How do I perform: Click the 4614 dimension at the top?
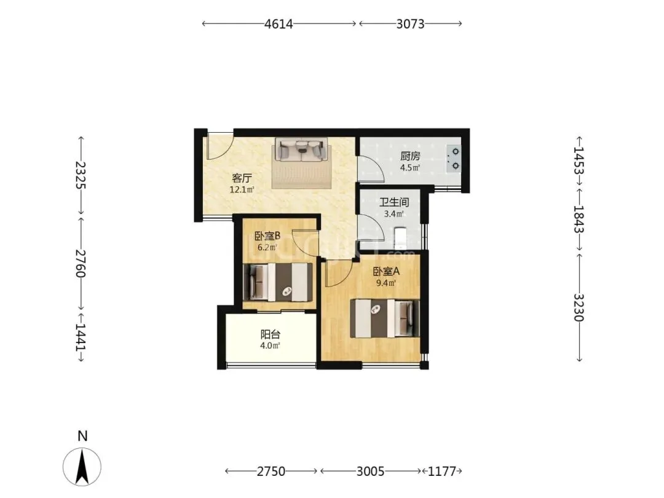(x=279, y=24)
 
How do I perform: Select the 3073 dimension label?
(x=410, y=24)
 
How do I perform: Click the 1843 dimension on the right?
(x=579, y=219)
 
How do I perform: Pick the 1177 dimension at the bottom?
(x=442, y=471)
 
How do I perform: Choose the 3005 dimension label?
(x=370, y=471)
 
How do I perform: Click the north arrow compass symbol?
(x=82, y=466)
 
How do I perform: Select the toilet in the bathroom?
(x=400, y=238)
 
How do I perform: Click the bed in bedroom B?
(x=279, y=282)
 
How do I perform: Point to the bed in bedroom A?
(x=385, y=318)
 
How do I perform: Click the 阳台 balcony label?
(x=270, y=334)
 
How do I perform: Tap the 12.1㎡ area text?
(x=242, y=189)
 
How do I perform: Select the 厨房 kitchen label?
(x=410, y=156)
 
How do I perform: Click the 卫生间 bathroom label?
(x=394, y=202)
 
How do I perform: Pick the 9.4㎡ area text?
(x=386, y=283)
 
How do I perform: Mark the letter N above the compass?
(x=82, y=436)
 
